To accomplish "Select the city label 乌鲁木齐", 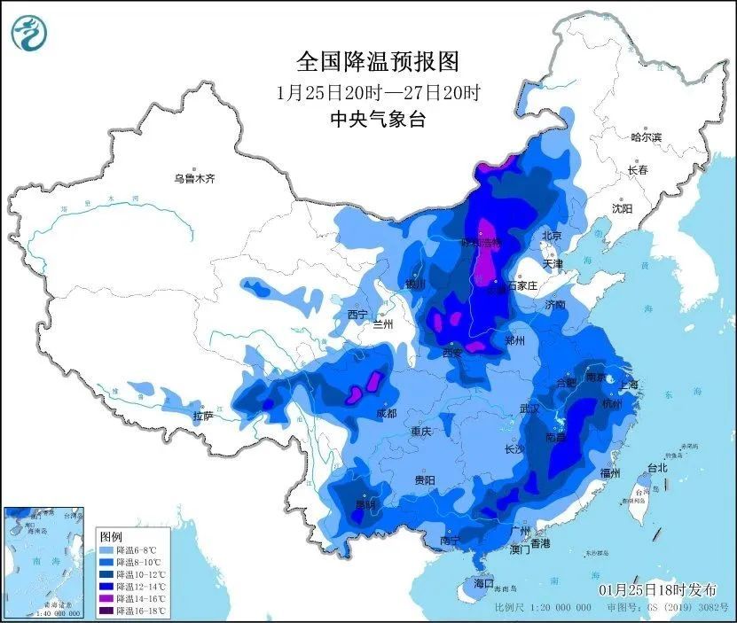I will click(x=194, y=179).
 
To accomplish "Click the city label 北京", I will click(x=553, y=236).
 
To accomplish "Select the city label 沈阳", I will click(x=622, y=209).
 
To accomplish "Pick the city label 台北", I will click(x=655, y=467).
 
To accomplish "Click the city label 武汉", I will click(x=529, y=409).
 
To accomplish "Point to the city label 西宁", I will click(x=357, y=315).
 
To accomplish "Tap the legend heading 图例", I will click(x=109, y=537).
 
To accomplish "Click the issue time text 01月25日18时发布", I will click(x=657, y=589).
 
